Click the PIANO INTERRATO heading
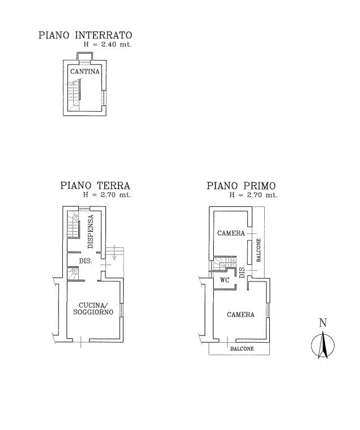pyautogui.click(x=84, y=36)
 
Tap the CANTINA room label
pyautogui.click(x=84, y=72)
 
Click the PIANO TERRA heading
pyautogui.click(x=95, y=185)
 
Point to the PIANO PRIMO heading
pyautogui.click(x=241, y=185)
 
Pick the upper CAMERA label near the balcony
pyautogui.click(x=231, y=233)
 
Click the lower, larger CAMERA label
pyautogui.click(x=240, y=315)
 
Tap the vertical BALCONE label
pyautogui.click(x=259, y=250)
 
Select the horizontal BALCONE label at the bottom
pyautogui.click(x=242, y=348)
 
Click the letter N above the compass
pyautogui.click(x=323, y=323)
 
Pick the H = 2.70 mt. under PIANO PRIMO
pyautogui.click(x=253, y=194)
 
